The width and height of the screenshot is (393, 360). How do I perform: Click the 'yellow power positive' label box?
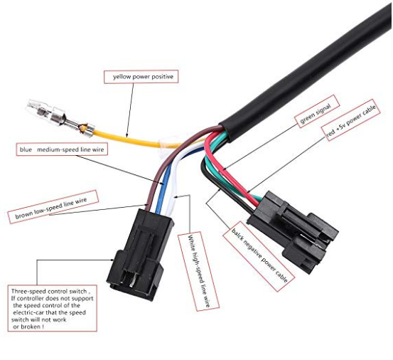(141, 77)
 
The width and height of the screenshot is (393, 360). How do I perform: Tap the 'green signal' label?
(317, 111)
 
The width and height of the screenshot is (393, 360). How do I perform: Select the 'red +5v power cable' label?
(350, 120)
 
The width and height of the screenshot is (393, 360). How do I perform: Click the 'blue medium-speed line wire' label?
(62, 149)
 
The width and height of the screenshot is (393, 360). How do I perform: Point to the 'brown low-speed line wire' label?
(53, 207)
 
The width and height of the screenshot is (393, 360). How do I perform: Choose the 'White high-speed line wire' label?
(198, 272)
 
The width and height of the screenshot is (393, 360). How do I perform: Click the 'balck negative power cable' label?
(259, 256)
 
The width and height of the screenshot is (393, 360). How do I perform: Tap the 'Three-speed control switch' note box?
(52, 308)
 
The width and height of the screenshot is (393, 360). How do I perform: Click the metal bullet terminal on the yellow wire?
(61, 117)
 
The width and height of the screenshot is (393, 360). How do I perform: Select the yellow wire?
(135, 140)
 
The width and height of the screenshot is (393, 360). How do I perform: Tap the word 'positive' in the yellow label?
(163, 77)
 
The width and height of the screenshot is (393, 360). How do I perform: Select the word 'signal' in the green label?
(323, 108)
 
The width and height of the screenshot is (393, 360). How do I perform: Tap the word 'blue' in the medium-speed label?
(26, 150)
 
